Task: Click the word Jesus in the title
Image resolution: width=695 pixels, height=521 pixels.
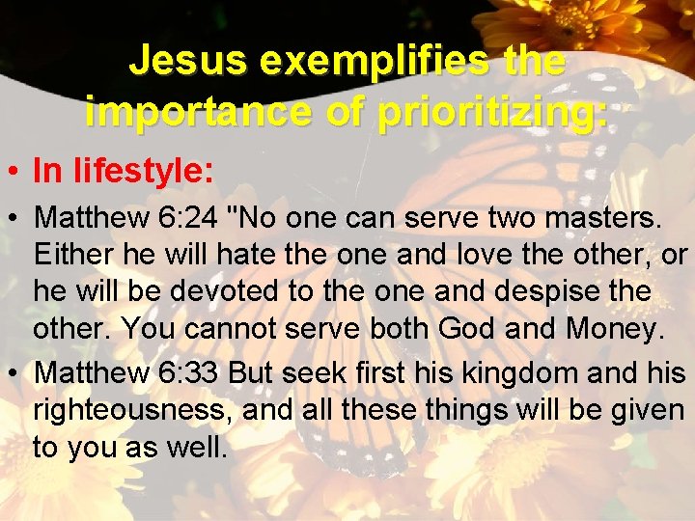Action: [174, 62]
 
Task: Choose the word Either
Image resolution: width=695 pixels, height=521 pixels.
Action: [73, 256]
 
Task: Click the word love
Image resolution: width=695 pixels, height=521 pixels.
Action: [479, 256]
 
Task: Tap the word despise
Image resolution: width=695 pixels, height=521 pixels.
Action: [564, 292]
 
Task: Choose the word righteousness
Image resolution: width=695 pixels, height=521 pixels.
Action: [132, 410]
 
